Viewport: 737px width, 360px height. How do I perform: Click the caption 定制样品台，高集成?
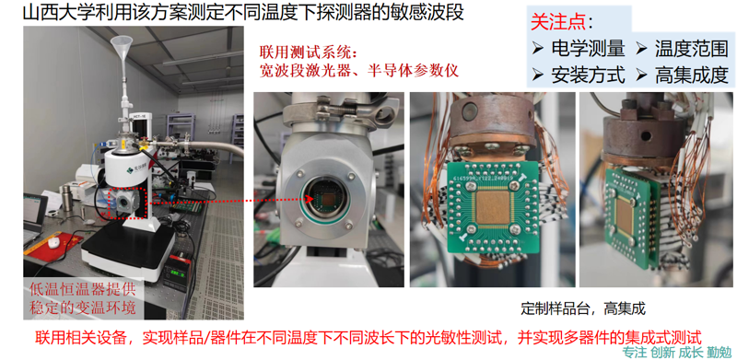pos(579,307)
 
